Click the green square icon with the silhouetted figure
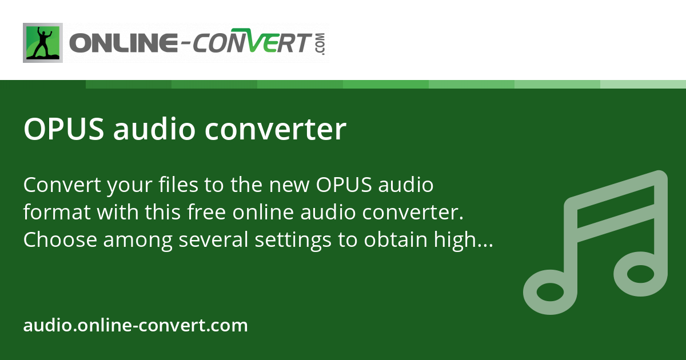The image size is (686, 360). (43, 43)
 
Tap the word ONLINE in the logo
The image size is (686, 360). (123, 43)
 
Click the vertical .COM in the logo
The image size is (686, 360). (321, 44)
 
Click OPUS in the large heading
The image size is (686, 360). (64, 129)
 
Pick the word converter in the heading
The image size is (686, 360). (276, 130)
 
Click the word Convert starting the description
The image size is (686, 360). (62, 185)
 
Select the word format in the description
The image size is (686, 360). (57, 212)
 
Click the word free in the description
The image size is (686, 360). (207, 211)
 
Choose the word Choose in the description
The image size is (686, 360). (61, 239)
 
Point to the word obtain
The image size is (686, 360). (396, 239)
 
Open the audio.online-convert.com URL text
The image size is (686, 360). (135, 325)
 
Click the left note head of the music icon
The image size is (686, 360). (550, 292)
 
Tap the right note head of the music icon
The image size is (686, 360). (641, 274)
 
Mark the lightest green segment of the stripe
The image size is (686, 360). (643, 84)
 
